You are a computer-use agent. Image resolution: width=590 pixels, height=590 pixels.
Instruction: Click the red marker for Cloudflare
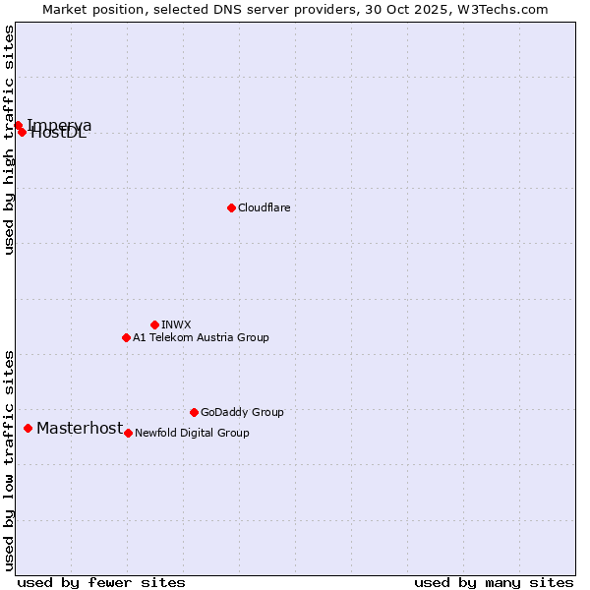point(231,207)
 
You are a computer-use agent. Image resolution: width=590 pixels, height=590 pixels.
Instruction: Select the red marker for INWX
point(154,324)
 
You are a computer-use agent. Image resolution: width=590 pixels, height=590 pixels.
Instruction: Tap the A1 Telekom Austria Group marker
point(126,337)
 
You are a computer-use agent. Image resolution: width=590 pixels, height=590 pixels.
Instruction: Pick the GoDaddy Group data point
point(194,412)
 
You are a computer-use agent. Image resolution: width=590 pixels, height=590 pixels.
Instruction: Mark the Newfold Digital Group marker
point(128,433)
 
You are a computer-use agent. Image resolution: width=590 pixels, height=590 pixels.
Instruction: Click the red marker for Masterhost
point(28,428)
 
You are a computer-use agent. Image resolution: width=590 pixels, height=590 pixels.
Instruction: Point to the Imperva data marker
point(18,125)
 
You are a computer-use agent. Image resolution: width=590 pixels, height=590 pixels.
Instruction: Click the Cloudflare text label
point(264,207)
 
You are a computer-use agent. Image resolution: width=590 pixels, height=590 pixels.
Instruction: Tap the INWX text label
point(176,324)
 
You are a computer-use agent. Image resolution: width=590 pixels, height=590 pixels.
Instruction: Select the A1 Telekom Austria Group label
point(201,337)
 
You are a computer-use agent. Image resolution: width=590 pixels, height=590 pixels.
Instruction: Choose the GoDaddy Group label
point(242,412)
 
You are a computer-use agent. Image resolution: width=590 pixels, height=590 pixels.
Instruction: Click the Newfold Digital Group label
point(192,433)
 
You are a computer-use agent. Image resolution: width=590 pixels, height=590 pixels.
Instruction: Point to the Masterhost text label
point(80,428)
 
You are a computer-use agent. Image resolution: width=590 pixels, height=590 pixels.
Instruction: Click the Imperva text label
point(59,125)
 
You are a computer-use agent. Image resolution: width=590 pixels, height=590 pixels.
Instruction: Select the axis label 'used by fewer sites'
point(101,582)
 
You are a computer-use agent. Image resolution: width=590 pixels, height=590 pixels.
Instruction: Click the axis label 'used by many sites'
point(494,582)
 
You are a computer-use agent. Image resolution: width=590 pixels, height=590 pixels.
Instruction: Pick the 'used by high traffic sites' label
point(9,140)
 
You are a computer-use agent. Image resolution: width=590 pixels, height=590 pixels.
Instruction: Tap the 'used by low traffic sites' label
point(9,460)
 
